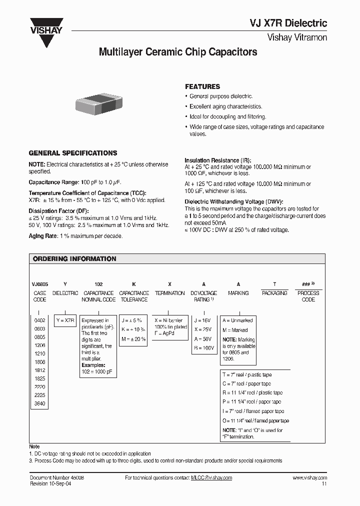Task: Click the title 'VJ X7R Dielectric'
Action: pos(288,22)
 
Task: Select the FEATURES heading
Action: pos(202,86)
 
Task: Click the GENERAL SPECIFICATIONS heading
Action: pos(73,153)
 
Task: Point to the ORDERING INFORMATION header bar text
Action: pos(74,259)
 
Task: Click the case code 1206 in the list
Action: pos(39,345)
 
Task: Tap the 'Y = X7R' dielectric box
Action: pos(65,320)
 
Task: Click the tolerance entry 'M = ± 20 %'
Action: pos(133,338)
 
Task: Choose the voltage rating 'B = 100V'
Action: pos(204,347)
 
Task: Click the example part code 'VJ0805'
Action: pos(40,282)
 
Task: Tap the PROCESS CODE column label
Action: pos(308,296)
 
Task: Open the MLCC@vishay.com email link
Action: pos(211,478)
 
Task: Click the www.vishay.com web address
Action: pos(309,478)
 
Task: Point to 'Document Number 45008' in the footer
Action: pos(57,478)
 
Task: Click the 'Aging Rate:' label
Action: pos(43,235)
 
